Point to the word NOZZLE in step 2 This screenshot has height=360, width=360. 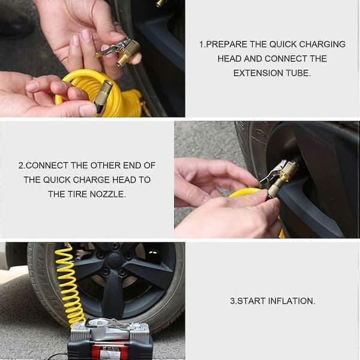[107, 194]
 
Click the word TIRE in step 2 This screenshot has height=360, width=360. [77, 194]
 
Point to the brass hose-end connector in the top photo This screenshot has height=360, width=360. [103, 96]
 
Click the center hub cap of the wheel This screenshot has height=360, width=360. [114, 261]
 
